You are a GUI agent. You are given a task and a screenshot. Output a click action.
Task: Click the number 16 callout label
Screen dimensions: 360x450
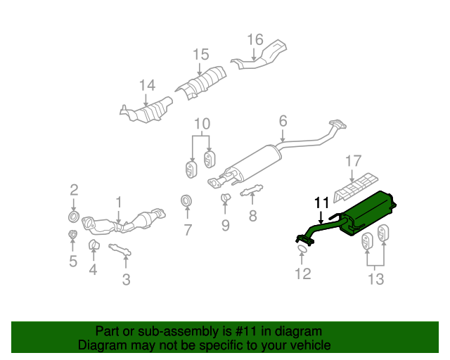[x=255, y=39]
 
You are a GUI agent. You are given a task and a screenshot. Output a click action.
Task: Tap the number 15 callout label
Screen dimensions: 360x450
[x=201, y=54]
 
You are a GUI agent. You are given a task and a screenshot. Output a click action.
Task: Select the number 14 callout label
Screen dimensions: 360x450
[x=146, y=86]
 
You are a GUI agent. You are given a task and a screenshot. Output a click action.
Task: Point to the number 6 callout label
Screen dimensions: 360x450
[x=283, y=122]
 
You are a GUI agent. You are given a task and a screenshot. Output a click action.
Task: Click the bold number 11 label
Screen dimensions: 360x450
[x=321, y=203]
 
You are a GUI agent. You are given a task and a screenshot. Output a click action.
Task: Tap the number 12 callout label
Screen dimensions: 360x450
[x=302, y=274]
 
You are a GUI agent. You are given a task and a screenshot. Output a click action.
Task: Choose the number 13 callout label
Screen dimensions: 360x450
[x=375, y=280]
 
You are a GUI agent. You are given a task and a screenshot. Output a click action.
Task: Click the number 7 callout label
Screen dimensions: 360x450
[x=187, y=229]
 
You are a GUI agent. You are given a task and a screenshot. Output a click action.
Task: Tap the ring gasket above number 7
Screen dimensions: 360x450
[x=187, y=202]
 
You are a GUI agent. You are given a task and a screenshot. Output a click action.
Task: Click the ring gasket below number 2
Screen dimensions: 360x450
[x=73, y=214]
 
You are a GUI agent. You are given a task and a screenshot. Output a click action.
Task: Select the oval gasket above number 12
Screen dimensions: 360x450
[x=301, y=247]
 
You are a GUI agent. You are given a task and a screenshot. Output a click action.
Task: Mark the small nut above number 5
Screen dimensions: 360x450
[x=72, y=234]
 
